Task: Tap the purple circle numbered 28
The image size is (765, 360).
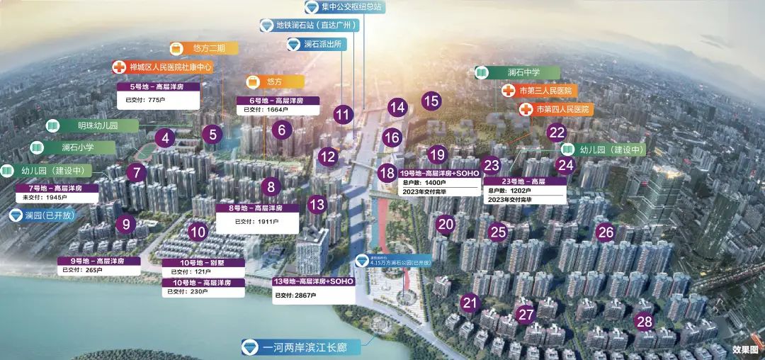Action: tap(644, 320)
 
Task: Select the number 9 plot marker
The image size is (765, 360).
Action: tap(126, 225)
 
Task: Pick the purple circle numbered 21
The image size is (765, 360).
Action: tap(469, 303)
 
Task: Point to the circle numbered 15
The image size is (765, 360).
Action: tap(431, 101)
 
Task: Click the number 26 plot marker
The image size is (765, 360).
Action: tap(605, 231)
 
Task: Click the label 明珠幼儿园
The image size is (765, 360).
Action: tap(97, 125)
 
